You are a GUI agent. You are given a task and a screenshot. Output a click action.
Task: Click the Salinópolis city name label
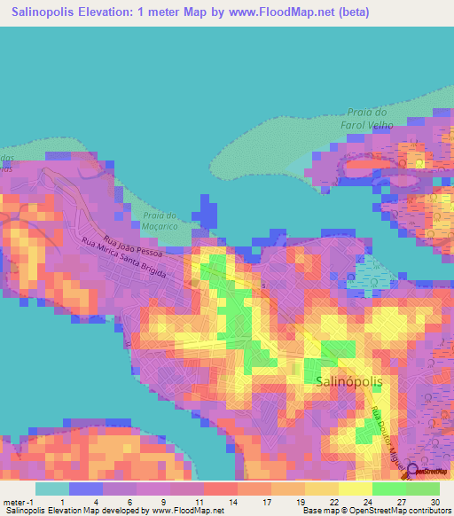[x=352, y=380]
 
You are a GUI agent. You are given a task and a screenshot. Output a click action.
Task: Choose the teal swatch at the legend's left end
[x=51, y=489]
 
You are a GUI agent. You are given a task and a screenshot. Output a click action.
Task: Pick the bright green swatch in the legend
[x=389, y=489]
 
